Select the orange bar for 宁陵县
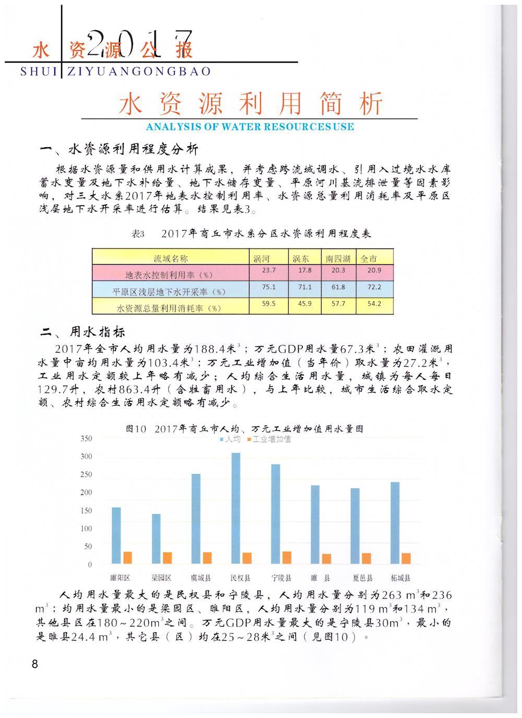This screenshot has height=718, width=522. tap(287, 558)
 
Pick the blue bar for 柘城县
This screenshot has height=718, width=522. tap(395, 523)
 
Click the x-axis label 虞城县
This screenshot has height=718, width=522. tap(200, 578)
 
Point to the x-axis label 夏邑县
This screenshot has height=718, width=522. tap(362, 578)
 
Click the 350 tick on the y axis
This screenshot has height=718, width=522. tap(86, 439)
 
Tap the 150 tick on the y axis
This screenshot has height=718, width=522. tap(86, 511)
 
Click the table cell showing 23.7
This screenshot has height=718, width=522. tap(269, 270)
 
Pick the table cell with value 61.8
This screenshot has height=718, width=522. tap(338, 287)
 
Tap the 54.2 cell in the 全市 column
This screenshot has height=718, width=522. tap(374, 304)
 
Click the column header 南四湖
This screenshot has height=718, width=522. tap(338, 258)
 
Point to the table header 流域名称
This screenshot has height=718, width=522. tap(170, 258)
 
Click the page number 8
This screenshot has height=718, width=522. tap(35, 664)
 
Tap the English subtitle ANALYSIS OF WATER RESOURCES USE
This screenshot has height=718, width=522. tap(250, 127)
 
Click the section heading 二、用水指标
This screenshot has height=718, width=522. tap(84, 333)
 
